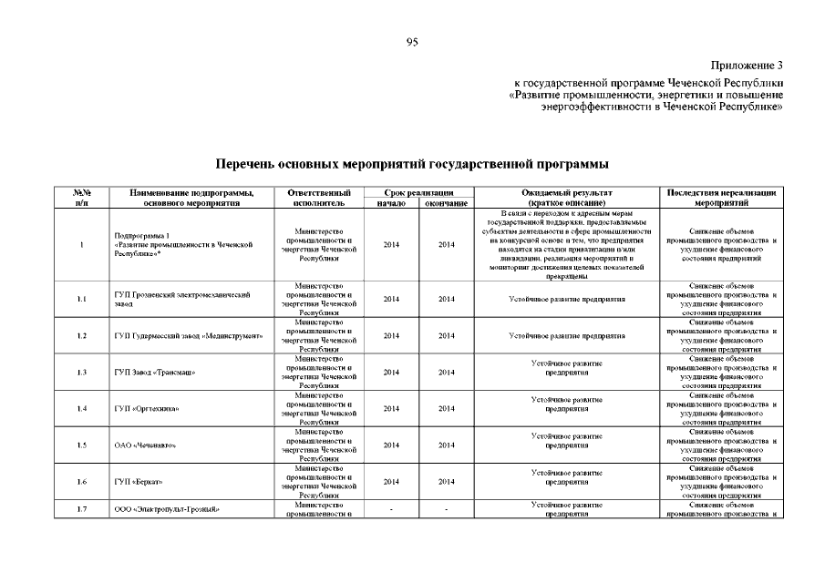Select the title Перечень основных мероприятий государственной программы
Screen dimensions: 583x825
(x=412, y=164)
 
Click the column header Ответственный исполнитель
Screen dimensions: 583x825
(x=318, y=198)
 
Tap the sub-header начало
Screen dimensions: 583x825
(x=391, y=203)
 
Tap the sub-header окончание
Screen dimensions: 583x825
(x=447, y=203)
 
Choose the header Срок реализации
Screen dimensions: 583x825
(x=418, y=192)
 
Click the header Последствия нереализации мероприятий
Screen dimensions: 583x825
(x=721, y=198)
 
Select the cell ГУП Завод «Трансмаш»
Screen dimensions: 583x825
(x=155, y=373)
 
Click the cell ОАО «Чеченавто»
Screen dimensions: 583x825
(x=145, y=445)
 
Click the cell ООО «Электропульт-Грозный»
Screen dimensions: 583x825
(x=168, y=509)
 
